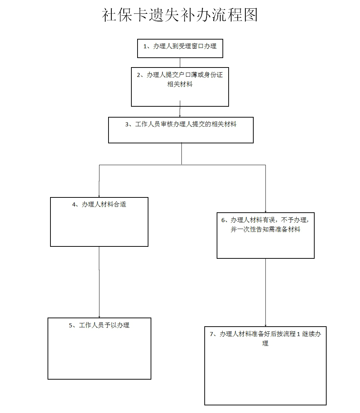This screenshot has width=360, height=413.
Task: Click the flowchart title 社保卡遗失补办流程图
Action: pos(180,15)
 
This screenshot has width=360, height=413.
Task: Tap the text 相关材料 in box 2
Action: pos(180,85)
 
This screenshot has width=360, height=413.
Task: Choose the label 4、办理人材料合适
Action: pos(99,205)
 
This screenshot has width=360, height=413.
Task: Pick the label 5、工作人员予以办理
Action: pos(99,326)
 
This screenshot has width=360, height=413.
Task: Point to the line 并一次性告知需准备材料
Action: pos(265,230)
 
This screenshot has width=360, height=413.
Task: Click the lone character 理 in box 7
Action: pos(265,343)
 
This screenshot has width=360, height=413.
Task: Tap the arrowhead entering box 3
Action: pos(180,115)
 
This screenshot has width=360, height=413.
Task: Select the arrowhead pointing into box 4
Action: pos(99,195)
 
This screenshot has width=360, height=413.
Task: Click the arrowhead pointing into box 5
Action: pos(99,316)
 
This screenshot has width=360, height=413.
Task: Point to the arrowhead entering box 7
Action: pos(265,325)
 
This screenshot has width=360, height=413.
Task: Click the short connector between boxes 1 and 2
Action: pos(180,62)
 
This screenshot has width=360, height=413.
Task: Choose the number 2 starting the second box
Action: pos(139,75)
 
